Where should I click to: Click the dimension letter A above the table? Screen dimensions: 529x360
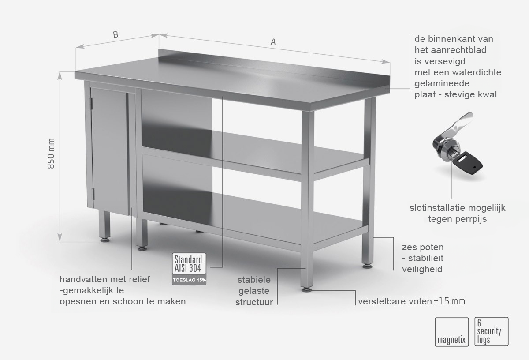pos(273,42)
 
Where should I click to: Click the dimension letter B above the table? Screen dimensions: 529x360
pos(115,34)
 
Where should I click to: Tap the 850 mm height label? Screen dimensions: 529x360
pos(51,154)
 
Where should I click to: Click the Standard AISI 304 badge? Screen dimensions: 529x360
pos(189,263)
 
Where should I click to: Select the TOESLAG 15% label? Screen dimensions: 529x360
pos(189,280)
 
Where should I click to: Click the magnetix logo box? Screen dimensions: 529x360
pos(451,332)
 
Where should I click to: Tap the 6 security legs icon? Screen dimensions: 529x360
pos(492,332)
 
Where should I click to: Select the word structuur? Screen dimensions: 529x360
pos(254,302)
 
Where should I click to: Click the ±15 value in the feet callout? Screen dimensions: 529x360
pos(441,301)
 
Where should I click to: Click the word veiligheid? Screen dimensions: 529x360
pos(422,269)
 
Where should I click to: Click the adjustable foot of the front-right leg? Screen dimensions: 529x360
pos(306,289)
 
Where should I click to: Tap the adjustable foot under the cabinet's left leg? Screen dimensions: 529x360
pos(104,240)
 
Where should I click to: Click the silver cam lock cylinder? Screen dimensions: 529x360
pos(443,149)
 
